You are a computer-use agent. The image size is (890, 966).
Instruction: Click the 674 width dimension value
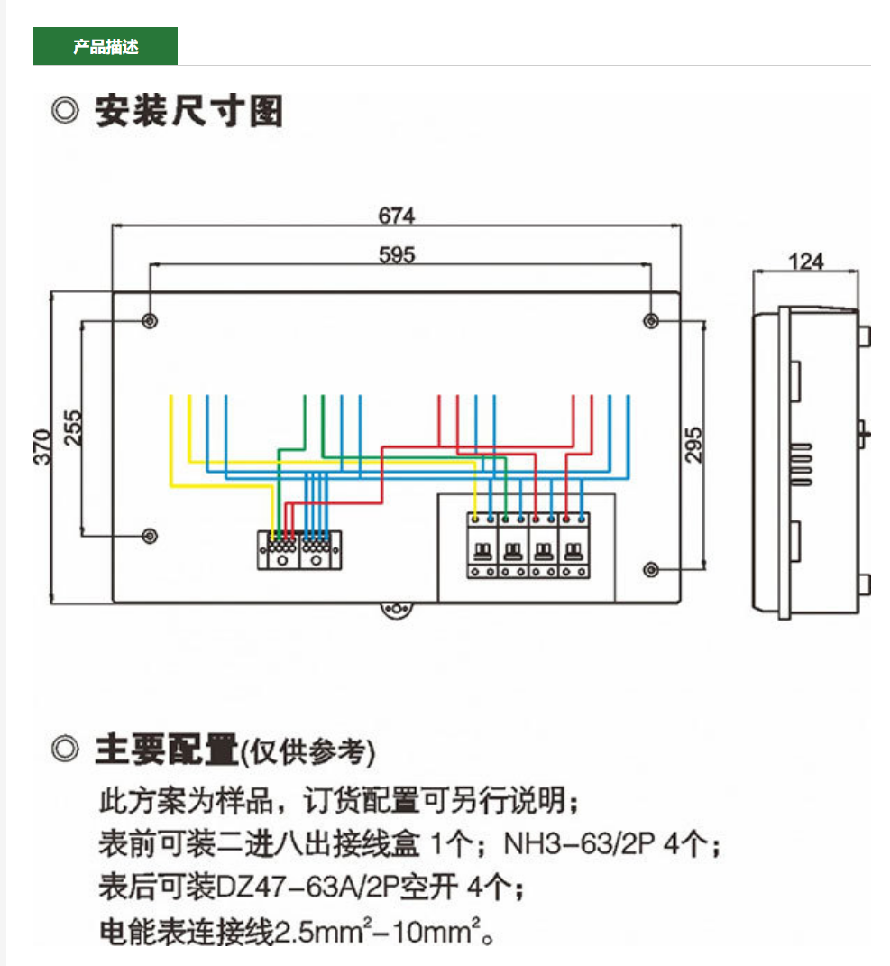click(x=397, y=216)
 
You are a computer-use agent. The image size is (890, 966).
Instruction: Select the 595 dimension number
click(x=397, y=255)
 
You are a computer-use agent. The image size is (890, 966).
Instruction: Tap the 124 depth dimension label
click(x=806, y=261)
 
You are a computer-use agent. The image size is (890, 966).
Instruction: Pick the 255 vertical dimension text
click(x=73, y=428)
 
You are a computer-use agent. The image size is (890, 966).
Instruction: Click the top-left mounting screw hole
click(x=151, y=321)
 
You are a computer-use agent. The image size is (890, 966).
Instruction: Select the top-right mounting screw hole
click(x=651, y=321)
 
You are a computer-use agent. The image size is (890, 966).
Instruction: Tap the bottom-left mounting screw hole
click(x=151, y=536)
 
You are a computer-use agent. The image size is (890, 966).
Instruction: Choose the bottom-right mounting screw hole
click(x=651, y=569)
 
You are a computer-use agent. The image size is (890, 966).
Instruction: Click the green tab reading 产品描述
click(x=106, y=47)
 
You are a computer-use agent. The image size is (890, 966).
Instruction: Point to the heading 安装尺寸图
click(x=189, y=112)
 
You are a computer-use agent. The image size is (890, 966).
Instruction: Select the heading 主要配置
click(x=167, y=750)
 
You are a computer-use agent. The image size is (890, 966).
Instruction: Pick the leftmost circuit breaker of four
click(x=482, y=547)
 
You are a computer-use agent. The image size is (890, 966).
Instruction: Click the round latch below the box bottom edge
click(x=395, y=611)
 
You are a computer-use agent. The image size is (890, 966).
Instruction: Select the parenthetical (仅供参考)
click(x=307, y=751)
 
